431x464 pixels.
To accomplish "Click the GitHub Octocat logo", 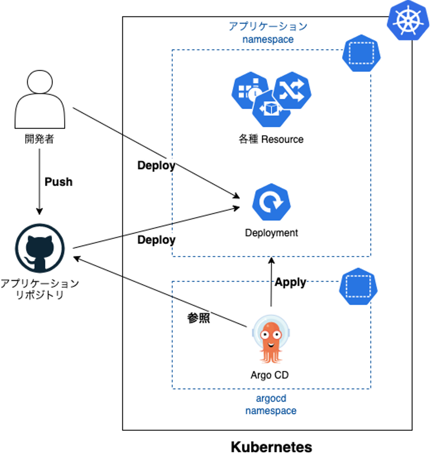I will coord(40,248).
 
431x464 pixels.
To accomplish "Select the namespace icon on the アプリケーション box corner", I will coord(361,53).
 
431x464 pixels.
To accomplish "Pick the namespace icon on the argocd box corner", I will coord(358,286).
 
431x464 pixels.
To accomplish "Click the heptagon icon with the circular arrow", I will coord(271,202).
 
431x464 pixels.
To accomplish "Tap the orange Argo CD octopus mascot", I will coord(271,340).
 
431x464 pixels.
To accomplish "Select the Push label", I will coord(58,182).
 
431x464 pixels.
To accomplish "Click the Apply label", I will coord(290,282).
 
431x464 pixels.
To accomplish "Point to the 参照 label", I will coord(199,318).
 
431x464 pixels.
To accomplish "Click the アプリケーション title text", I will coord(268,26).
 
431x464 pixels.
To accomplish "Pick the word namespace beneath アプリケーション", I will coord(268,40).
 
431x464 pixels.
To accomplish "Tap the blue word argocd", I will coord(271,398).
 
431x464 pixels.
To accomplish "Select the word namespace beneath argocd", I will coord(271,411).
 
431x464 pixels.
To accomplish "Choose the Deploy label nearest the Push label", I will coord(156,165).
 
